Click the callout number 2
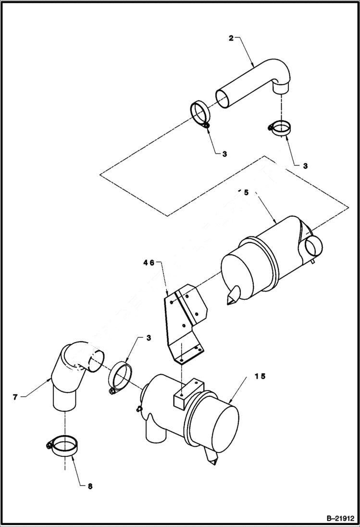point(231,38)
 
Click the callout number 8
point(90,486)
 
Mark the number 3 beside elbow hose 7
point(149,338)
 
